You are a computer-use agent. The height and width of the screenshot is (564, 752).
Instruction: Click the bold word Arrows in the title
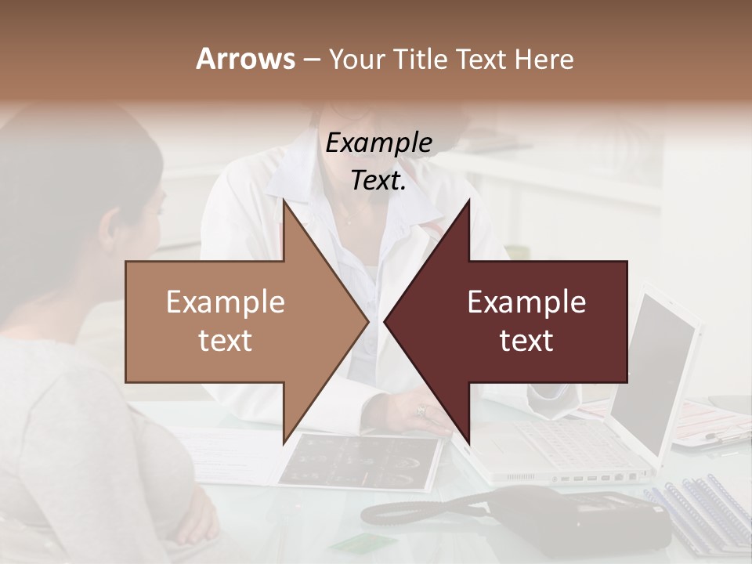pos(245,59)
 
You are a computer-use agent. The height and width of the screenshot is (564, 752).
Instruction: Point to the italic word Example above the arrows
pos(378,143)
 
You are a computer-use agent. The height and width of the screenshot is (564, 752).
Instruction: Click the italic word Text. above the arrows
pos(378,180)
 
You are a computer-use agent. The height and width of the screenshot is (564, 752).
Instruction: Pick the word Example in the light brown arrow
pos(226,302)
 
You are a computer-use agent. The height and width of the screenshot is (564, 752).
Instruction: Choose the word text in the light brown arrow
pos(226,341)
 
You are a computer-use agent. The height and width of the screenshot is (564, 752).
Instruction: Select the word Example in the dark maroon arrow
pos(526,302)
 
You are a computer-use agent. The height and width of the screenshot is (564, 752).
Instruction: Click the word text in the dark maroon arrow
pos(526,341)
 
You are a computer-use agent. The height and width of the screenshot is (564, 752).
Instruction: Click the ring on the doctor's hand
pos(421,410)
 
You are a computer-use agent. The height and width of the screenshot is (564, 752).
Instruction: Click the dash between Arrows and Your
pos(311,59)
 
